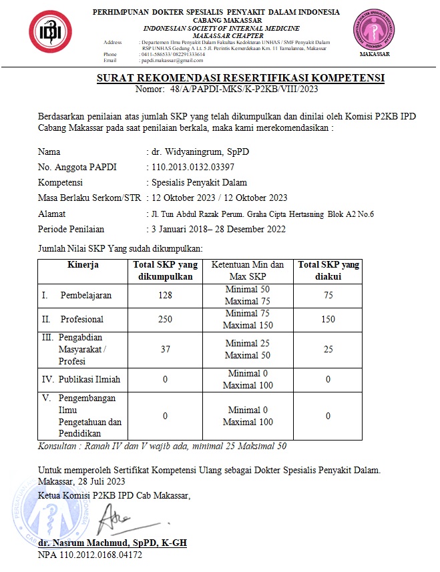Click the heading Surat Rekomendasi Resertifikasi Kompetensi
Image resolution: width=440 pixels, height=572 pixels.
[x=241, y=78]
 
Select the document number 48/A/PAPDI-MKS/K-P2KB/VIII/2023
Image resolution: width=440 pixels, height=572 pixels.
[x=250, y=89]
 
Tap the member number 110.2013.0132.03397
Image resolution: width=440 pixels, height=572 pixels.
[x=194, y=166]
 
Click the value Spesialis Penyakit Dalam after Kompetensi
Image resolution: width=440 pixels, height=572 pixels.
[x=200, y=182]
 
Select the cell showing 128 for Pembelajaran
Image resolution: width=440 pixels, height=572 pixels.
[x=165, y=296]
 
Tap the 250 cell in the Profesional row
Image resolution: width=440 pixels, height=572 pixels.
[x=165, y=320]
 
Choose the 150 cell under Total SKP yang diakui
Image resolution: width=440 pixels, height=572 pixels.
[x=328, y=320]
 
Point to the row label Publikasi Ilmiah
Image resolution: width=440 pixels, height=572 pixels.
[x=86, y=379]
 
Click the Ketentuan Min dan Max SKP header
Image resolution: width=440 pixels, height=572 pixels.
[x=248, y=270]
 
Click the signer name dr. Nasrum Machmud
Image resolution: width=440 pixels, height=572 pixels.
[x=112, y=543]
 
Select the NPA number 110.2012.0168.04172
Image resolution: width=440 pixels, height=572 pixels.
[x=90, y=555]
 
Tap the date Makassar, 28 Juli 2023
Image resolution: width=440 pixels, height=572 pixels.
[x=81, y=481]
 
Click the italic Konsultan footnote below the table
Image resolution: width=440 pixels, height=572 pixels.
[x=162, y=446]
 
